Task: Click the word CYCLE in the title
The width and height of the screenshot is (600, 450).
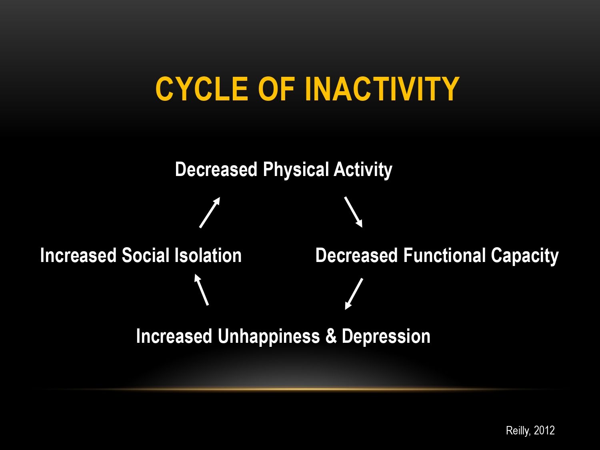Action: [x=202, y=89]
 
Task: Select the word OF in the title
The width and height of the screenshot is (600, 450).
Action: [x=276, y=89]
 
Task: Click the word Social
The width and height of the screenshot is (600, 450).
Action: [x=146, y=256]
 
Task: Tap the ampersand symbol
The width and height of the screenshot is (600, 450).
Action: [x=331, y=336]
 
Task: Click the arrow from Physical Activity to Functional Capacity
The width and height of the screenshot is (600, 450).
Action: [x=354, y=212]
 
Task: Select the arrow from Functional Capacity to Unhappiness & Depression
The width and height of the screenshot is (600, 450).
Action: [x=354, y=294]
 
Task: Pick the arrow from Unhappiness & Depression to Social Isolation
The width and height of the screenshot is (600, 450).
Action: [x=202, y=290]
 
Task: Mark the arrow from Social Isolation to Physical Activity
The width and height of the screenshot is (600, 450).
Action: [x=210, y=212]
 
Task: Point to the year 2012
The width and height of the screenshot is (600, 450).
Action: [x=544, y=430]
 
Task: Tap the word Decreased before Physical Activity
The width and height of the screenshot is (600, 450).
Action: [x=216, y=169]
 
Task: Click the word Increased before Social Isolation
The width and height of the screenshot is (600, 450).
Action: [x=78, y=256]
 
